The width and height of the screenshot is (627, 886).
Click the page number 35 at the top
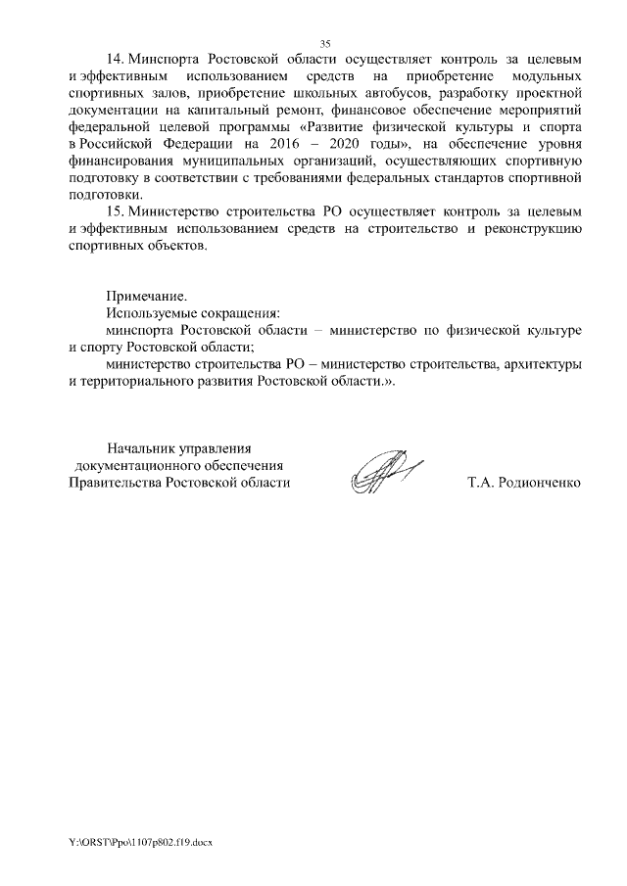pyautogui.click(x=325, y=42)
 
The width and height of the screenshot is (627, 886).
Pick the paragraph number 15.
pyautogui.click(x=116, y=210)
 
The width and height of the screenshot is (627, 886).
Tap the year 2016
pyautogui.click(x=277, y=145)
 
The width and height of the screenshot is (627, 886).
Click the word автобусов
pyautogui.click(x=392, y=94)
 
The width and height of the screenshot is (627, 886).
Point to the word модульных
pyautogui.click(x=547, y=77)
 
